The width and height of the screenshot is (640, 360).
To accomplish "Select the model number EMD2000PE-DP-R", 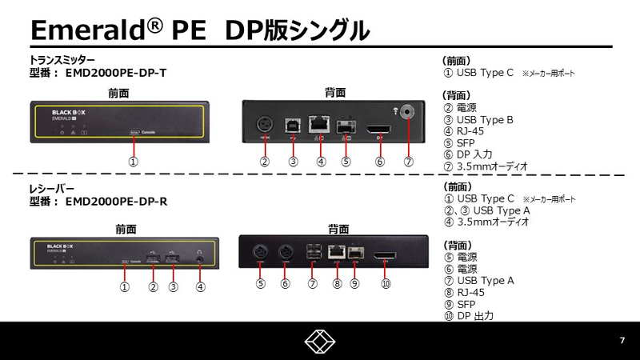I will pyautogui.click(x=118, y=202).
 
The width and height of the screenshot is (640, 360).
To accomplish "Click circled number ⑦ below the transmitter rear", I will pyautogui.click(x=409, y=161).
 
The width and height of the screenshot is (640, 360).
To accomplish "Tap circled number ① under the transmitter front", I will pyautogui.click(x=134, y=161).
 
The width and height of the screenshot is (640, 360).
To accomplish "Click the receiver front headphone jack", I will pyautogui.click(x=198, y=257).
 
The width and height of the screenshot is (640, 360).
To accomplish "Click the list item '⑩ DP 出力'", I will pyautogui.click(x=472, y=316).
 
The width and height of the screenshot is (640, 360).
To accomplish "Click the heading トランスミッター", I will pyautogui.click(x=62, y=60).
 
